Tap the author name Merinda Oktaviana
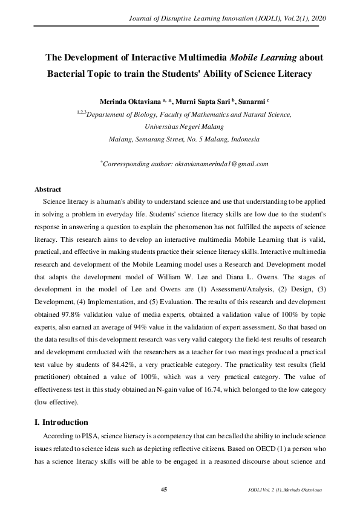(123, 100)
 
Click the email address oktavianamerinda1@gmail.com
(221, 164)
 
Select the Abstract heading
(48, 189)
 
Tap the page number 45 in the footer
(163, 488)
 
